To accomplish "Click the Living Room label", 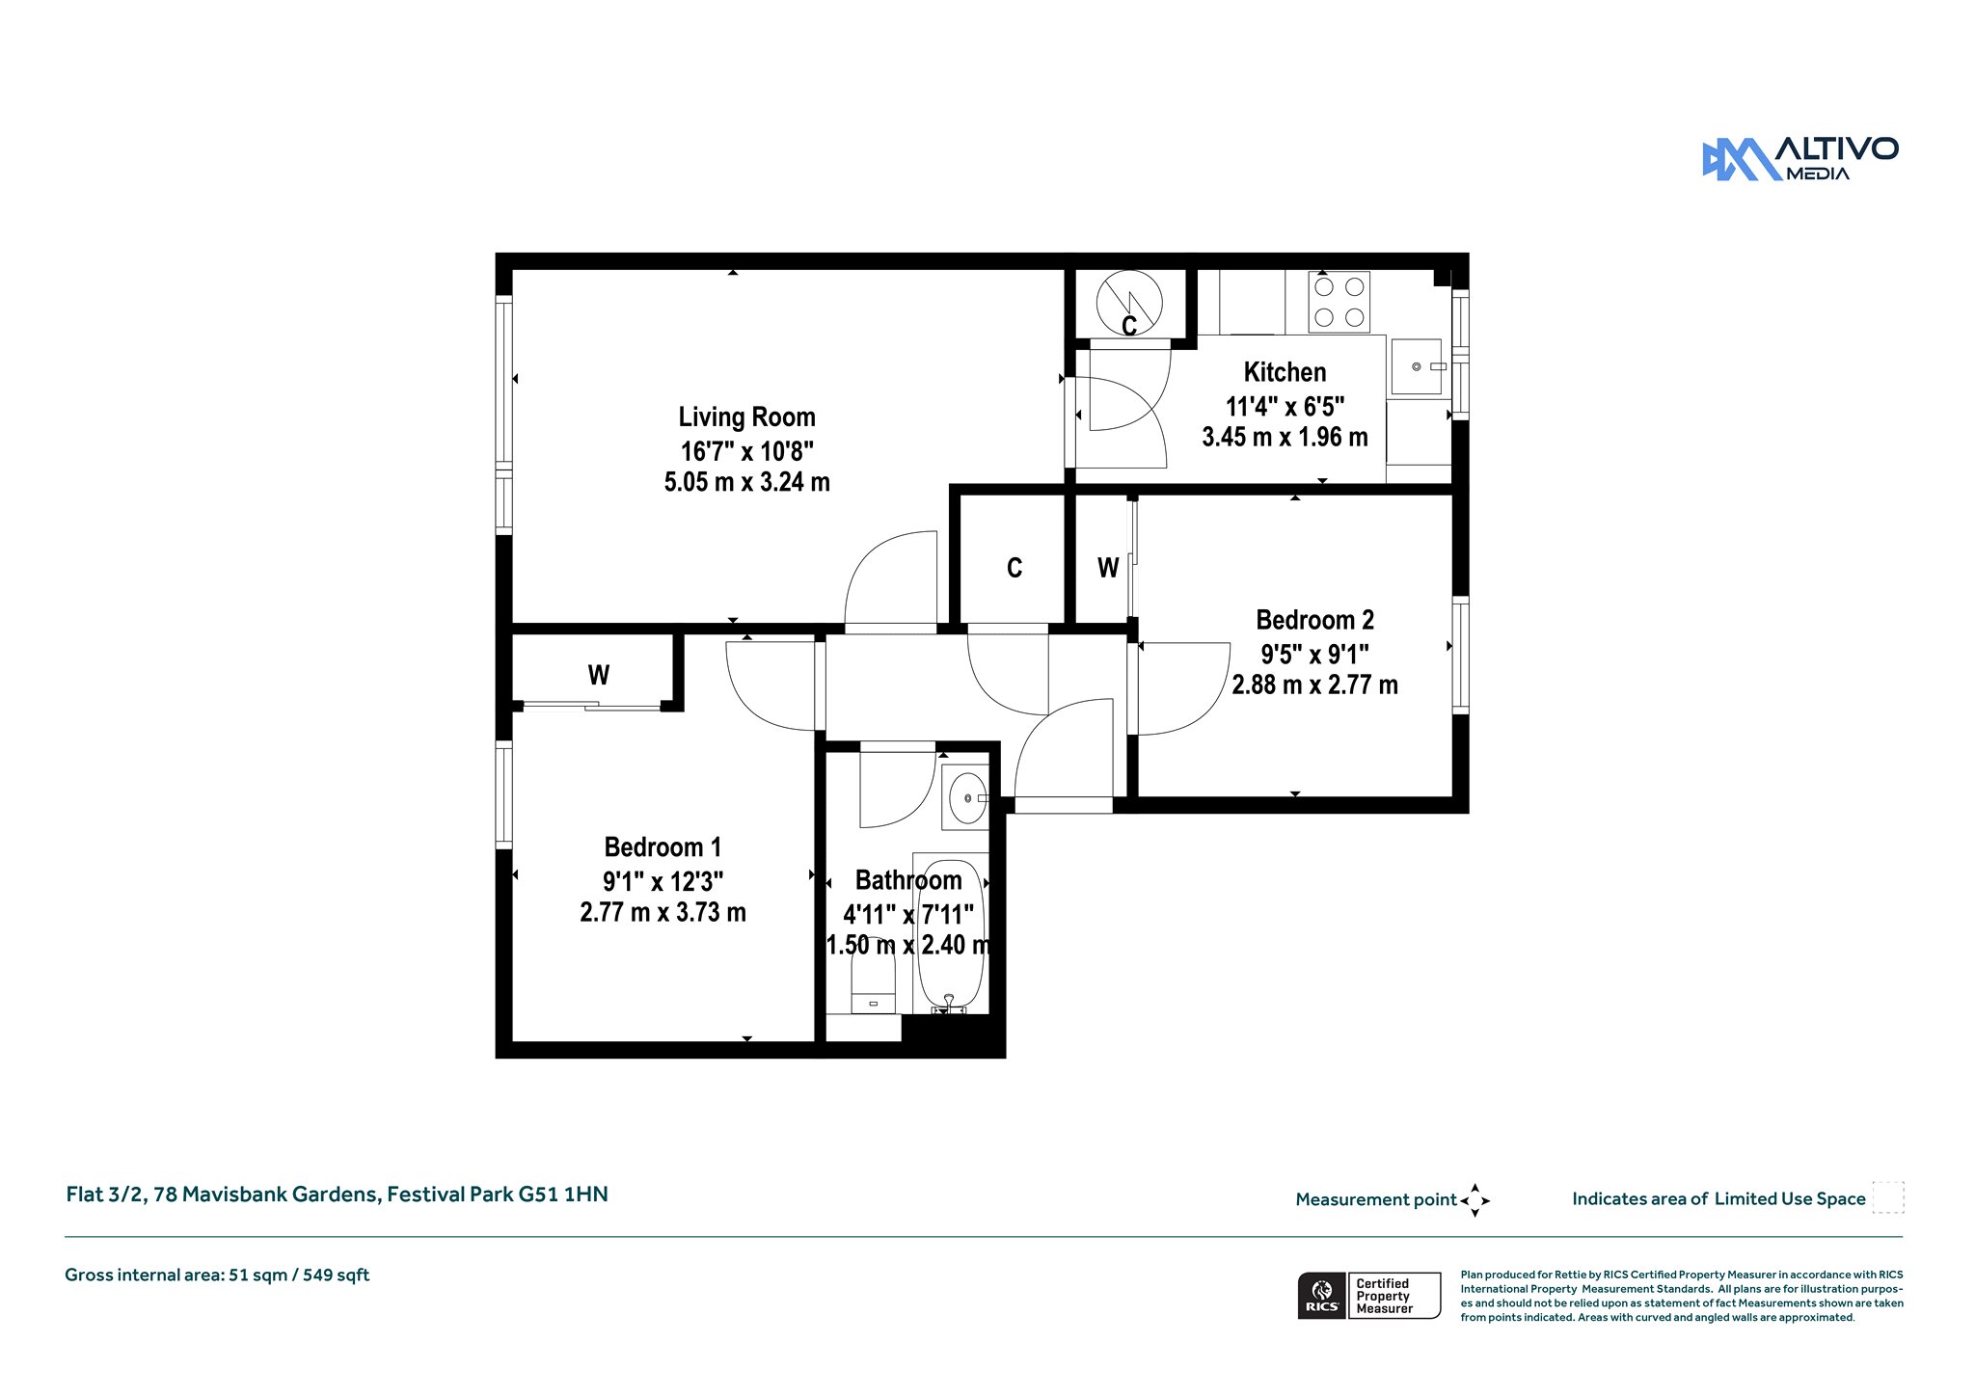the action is pos(746,417).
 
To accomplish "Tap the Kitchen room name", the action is pos(1285,372).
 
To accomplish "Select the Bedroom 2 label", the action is pos(1314,620).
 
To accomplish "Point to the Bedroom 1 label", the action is pos(663,847).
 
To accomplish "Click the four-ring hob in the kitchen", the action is pos(1339,302).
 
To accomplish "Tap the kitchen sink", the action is pos(1417,366).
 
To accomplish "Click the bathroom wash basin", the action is pos(966,797).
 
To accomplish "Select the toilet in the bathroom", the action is pos(874,976).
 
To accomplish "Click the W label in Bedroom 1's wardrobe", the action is pos(599,675).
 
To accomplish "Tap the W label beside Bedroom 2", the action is pos(1108,568).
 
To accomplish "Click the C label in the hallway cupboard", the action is pos(1015,568).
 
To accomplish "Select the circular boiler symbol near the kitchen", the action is pos(1129,303).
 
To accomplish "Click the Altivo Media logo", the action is pos(1799,159).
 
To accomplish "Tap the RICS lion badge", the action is pos(1322,1295).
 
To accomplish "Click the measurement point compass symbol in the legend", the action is pos(1475,1200).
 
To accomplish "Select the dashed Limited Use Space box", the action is pos(1888,1196).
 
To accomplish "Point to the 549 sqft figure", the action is pos(337,1275).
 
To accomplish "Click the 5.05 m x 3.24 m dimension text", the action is pos(746,482).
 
